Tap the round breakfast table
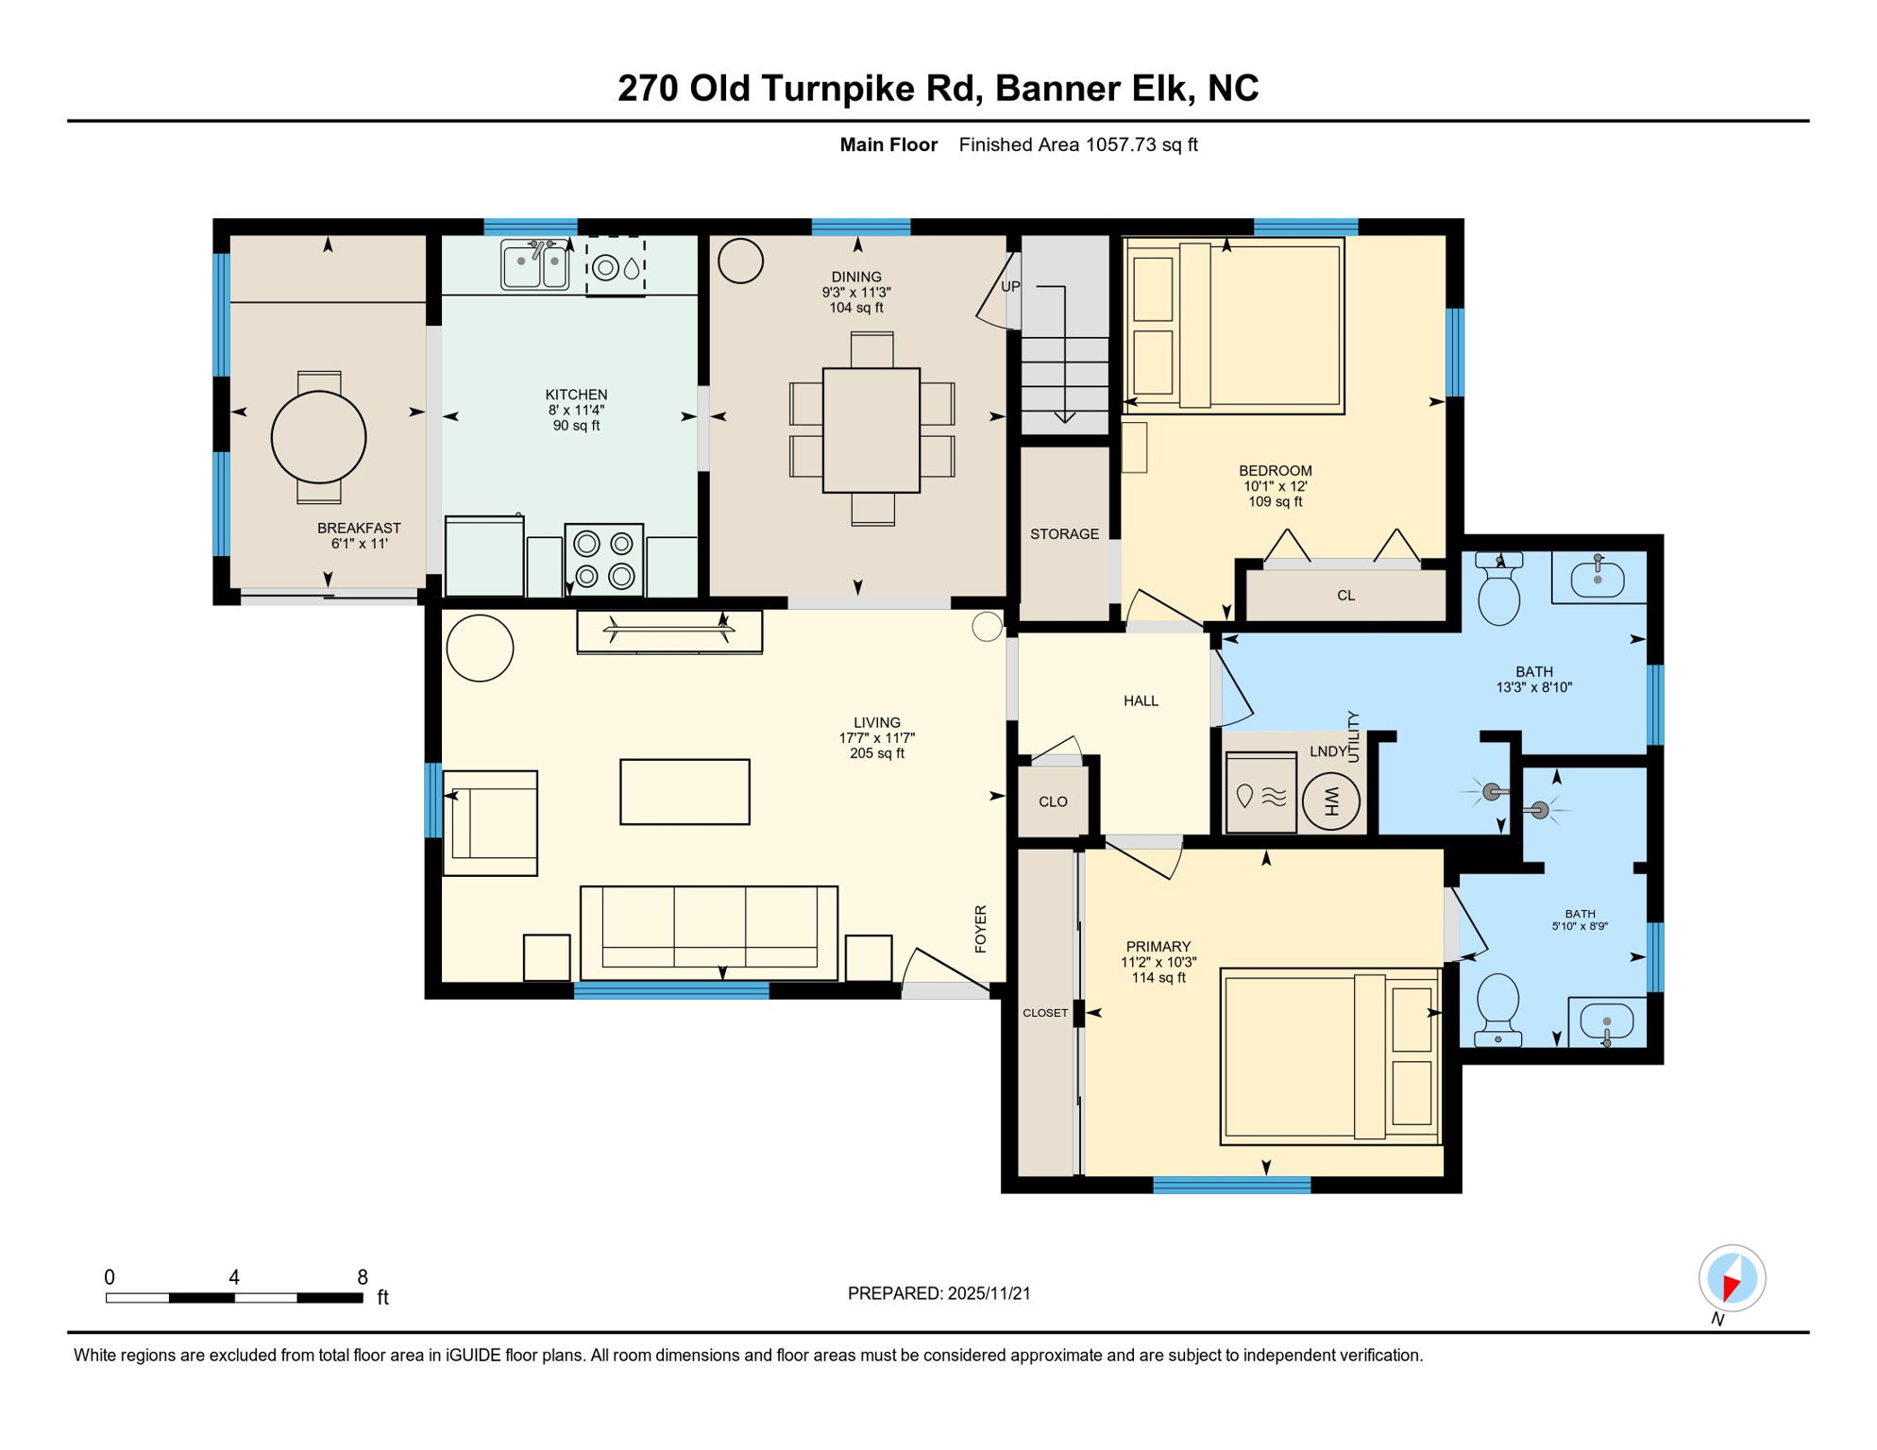click(x=319, y=437)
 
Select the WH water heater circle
click(x=1331, y=801)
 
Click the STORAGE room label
click(x=1064, y=534)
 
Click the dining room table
click(x=871, y=430)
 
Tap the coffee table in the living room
click(x=685, y=792)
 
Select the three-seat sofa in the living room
click(x=709, y=932)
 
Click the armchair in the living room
click(x=491, y=823)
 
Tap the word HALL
click(x=1141, y=701)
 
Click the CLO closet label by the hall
click(x=1053, y=802)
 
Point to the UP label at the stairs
click(x=1010, y=287)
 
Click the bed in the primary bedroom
click(x=1329, y=1056)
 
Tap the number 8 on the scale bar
click(x=363, y=1277)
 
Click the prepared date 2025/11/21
click(x=989, y=1293)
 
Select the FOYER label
click(x=981, y=929)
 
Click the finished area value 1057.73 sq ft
click(x=1141, y=145)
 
